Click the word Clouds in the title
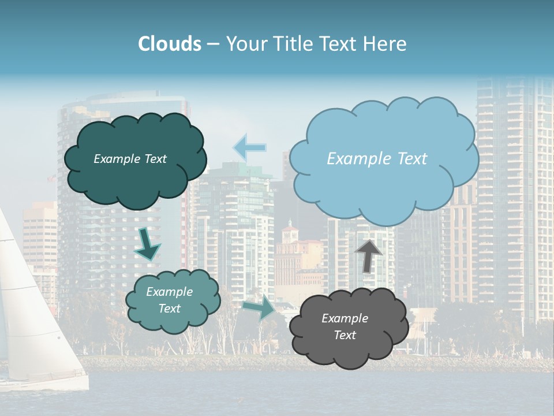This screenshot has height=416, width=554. pos(170,44)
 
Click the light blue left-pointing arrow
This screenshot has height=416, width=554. pos(249,147)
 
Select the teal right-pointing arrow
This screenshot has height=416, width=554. pos(259,307)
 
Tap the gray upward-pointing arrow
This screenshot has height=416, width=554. pos(368,255)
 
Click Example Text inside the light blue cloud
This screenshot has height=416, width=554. pos(377,159)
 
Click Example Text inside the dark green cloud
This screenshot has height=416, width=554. pos(130,159)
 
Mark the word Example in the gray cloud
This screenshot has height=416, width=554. pos(345,318)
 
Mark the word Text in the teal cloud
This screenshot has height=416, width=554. pos(169,309)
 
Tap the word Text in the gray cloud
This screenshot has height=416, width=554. pos(345,335)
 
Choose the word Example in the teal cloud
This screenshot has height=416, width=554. pos(169,292)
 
